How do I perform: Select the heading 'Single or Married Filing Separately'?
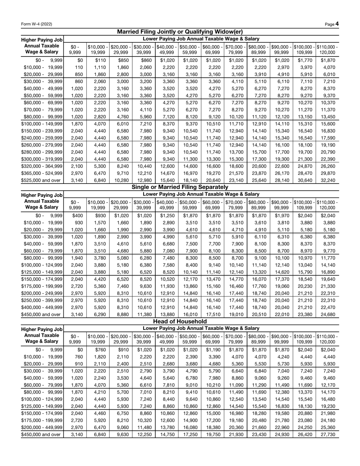(x=180, y=187)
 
